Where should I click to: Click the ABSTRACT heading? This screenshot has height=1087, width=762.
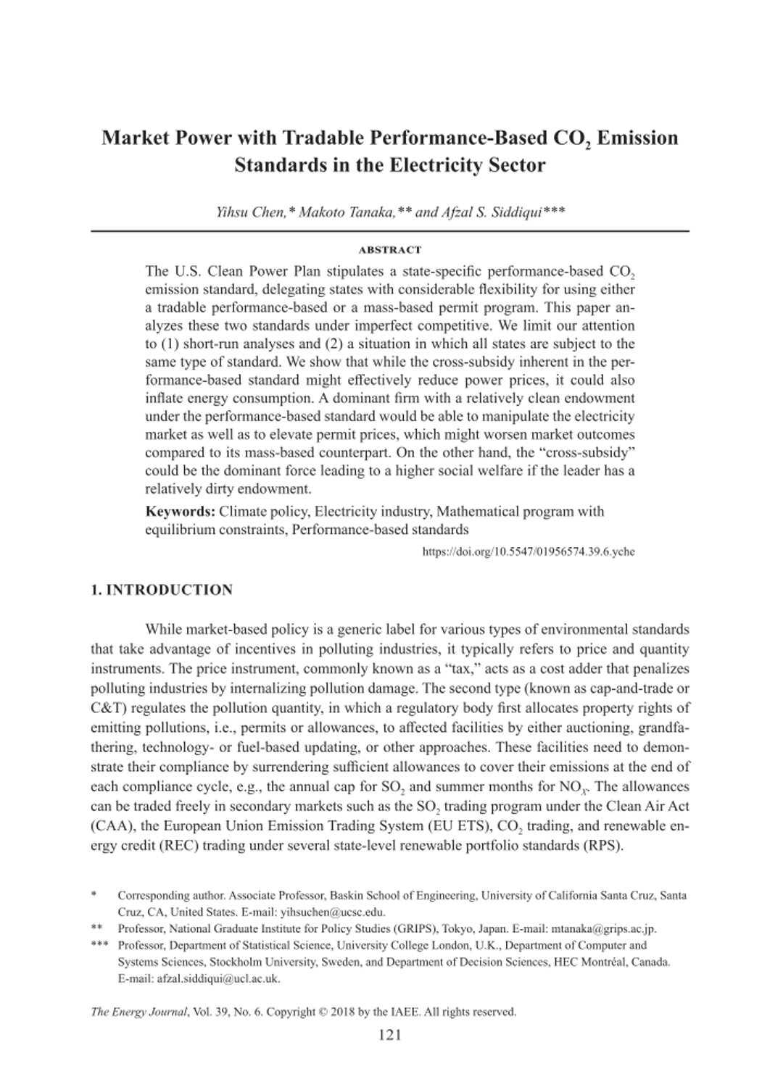click(389, 250)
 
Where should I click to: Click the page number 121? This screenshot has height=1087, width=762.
click(389, 1034)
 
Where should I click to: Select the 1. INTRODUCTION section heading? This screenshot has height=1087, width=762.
click(162, 590)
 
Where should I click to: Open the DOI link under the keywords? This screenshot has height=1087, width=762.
click(528, 551)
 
